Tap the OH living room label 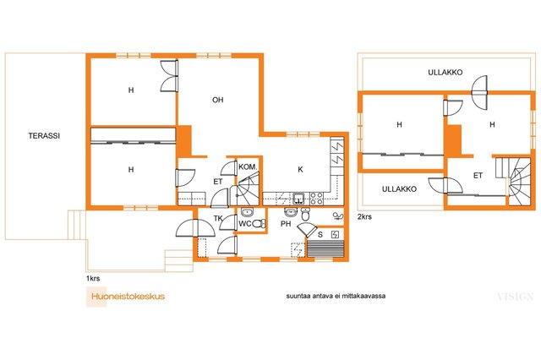[x=218, y=100]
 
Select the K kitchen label [x=300, y=169]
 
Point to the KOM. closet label [x=248, y=167]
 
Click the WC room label [x=245, y=224]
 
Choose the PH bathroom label [x=286, y=224]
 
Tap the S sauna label [x=320, y=235]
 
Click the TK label [x=218, y=218]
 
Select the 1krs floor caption [x=93, y=278]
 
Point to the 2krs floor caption [x=364, y=217]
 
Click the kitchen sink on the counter [x=298, y=199]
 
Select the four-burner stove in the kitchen [x=317, y=199]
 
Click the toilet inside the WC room [x=260, y=224]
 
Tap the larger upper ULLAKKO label [x=445, y=73]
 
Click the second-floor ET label [x=478, y=176]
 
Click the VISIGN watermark [x=516, y=297]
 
